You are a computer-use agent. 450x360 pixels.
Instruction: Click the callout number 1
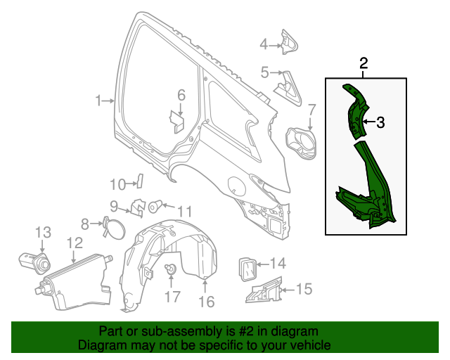(99, 101)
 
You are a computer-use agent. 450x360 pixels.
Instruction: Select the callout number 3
(380, 123)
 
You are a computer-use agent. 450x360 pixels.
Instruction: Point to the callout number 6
(181, 95)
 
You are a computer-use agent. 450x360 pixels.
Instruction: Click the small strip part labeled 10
(139, 181)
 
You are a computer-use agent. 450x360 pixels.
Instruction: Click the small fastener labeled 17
(170, 270)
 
